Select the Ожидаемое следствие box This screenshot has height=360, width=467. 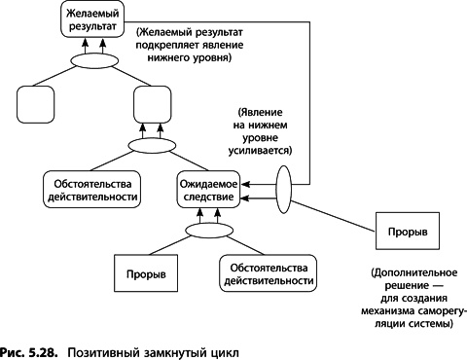pyautogui.click(x=208, y=189)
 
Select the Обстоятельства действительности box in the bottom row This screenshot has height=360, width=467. pyautogui.click(x=267, y=273)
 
